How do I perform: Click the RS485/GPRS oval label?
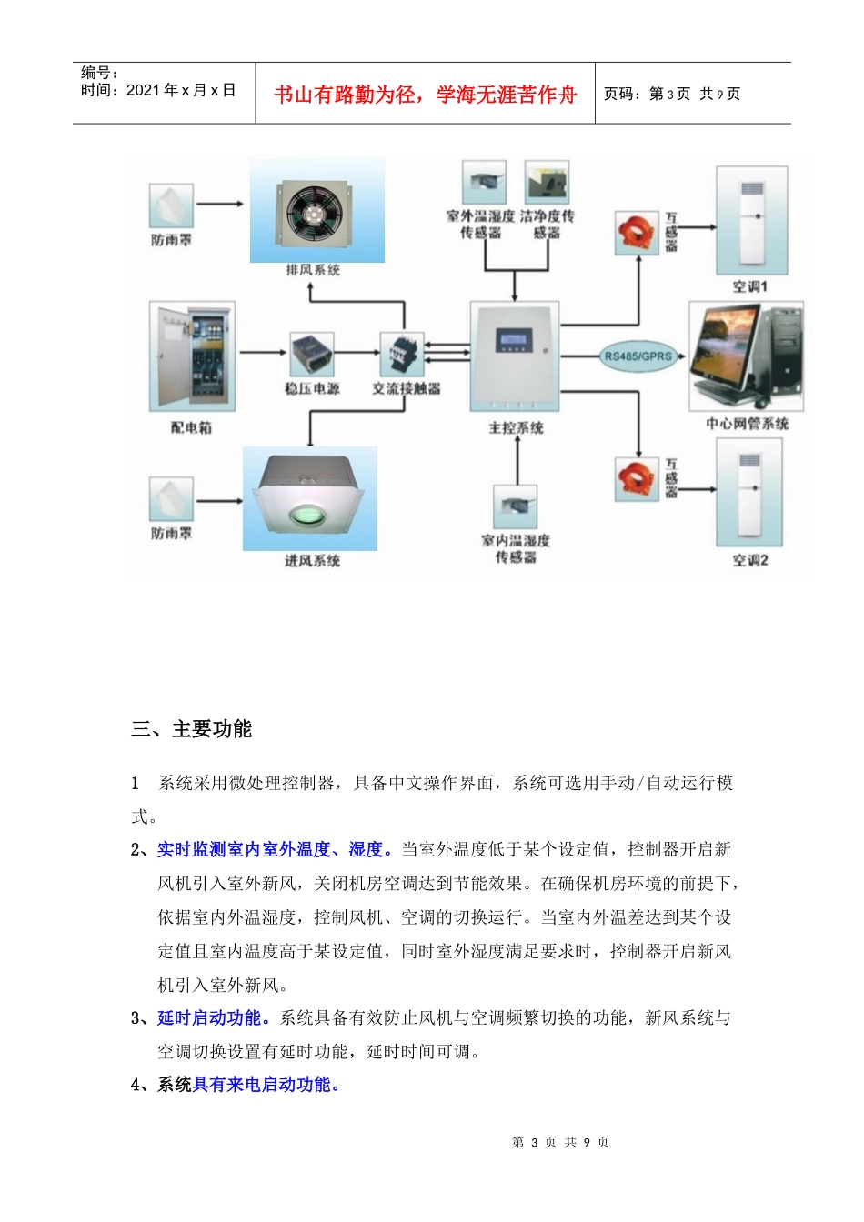pos(638,356)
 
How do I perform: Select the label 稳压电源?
pos(312,388)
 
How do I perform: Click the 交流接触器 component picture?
pos(401,354)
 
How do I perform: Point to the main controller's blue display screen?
pos(515,340)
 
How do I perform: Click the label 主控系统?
pos(516,427)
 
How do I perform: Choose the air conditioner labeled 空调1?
pos(751,219)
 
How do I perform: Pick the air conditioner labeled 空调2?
pos(749,495)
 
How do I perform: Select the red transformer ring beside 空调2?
pos(637,479)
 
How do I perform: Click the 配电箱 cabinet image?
pos(192,356)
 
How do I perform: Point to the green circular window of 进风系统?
pos(310,516)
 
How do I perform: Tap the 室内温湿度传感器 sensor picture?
pos(515,506)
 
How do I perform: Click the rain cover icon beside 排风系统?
pos(171,205)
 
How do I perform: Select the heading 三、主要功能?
pos(192,729)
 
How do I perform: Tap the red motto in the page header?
pos(426,95)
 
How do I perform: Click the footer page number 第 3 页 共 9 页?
pos(560,1142)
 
